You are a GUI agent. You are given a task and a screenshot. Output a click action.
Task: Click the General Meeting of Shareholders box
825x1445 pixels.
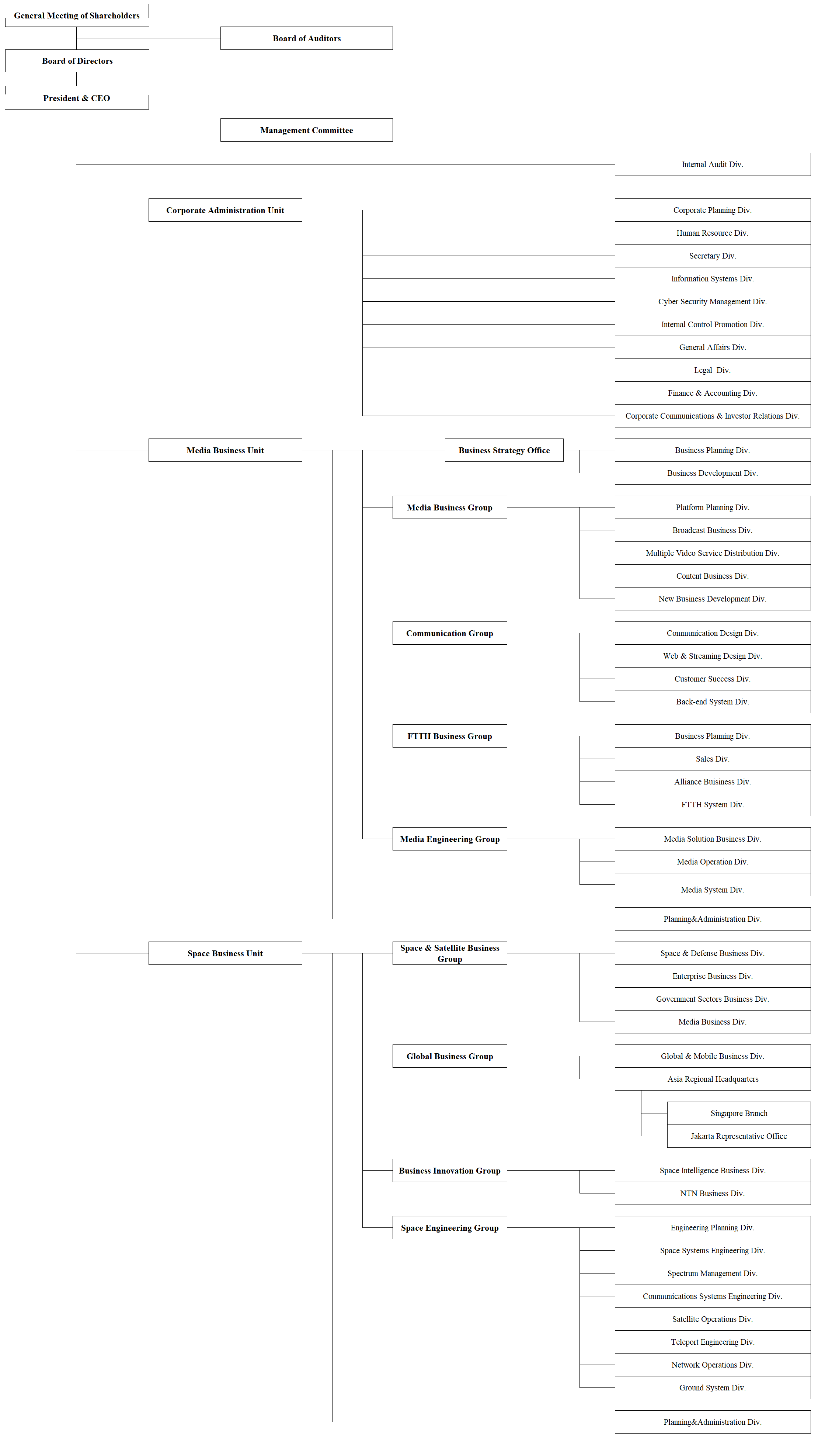click(77, 15)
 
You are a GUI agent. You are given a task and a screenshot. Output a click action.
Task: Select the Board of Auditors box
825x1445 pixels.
click(307, 38)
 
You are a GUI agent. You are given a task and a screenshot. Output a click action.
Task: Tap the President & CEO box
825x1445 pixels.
click(77, 97)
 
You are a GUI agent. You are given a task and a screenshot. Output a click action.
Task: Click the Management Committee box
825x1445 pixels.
click(307, 130)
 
